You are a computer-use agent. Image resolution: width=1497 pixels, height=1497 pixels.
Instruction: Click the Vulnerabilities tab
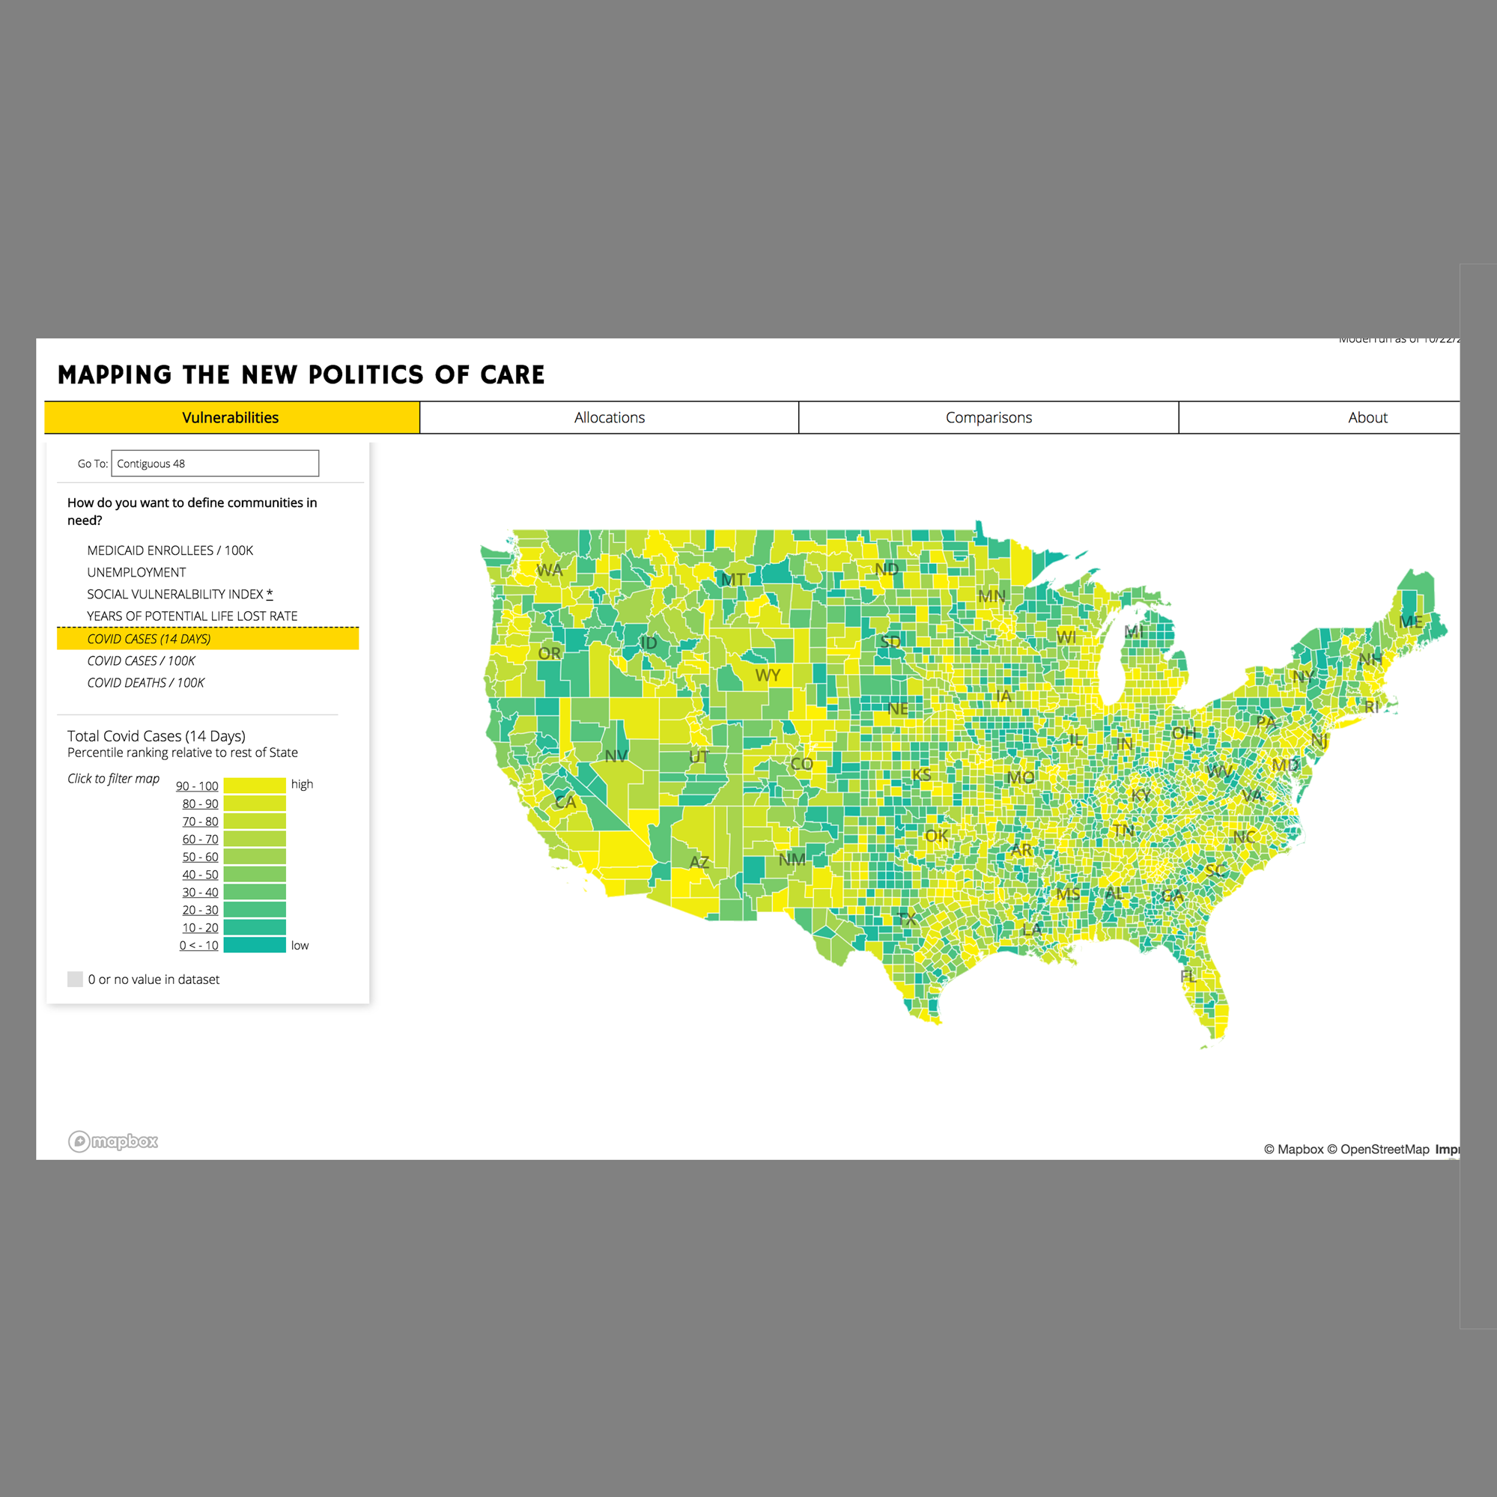231,418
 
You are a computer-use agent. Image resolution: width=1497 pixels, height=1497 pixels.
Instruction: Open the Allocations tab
609,418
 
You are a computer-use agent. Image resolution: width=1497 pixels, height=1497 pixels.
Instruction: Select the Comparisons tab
988,418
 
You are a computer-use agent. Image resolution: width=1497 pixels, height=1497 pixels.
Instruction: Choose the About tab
1367,418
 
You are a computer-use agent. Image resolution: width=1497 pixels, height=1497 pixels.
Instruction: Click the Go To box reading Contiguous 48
215,464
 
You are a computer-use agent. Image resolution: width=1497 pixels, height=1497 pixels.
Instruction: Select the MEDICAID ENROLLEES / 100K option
170,550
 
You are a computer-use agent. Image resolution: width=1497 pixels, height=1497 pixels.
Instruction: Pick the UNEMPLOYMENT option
136,572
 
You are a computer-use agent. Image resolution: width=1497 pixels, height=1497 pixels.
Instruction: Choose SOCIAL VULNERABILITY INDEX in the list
175,595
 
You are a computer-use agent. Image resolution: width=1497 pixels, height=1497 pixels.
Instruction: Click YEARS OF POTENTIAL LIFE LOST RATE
192,616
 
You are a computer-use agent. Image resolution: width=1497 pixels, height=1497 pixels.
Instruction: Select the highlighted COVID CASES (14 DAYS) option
149,639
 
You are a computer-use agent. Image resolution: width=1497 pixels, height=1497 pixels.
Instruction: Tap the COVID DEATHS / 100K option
146,683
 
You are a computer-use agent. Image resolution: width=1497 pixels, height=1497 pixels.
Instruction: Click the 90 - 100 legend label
197,786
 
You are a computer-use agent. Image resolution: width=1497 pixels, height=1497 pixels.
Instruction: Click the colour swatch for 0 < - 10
254,945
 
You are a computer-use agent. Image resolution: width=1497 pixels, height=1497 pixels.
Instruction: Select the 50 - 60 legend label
200,857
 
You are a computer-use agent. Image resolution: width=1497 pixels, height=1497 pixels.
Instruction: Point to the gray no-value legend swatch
75,980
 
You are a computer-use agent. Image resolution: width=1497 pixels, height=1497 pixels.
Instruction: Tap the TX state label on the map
907,919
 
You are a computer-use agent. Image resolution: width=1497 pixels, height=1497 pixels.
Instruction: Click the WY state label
767,675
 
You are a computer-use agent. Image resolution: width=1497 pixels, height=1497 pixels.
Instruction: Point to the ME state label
1410,622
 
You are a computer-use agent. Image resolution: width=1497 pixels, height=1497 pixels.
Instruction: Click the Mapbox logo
113,1141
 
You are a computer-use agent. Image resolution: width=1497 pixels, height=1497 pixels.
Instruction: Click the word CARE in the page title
512,375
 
